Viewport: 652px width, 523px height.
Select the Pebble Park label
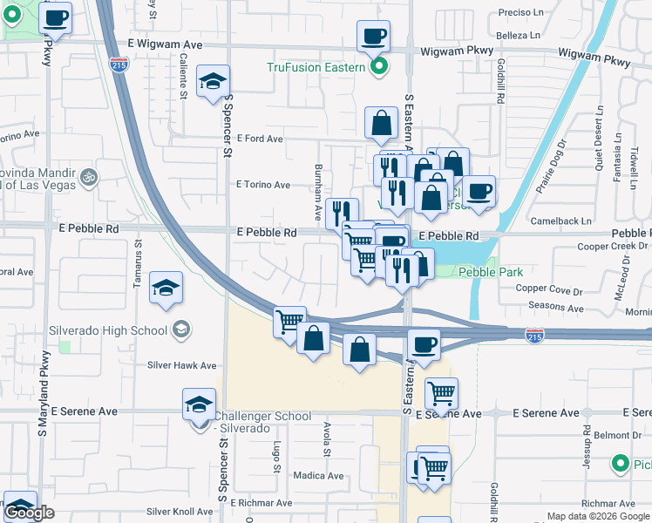(x=490, y=272)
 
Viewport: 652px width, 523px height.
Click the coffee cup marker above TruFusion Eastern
(x=373, y=37)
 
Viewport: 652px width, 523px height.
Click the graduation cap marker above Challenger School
(x=199, y=405)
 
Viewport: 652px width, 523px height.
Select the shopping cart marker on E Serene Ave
(x=442, y=394)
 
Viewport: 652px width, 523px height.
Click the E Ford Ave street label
(x=260, y=139)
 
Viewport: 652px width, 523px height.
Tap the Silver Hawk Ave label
(x=181, y=365)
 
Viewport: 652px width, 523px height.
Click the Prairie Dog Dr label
(x=550, y=171)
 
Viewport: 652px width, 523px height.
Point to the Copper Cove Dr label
(x=548, y=289)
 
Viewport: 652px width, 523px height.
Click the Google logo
(x=29, y=513)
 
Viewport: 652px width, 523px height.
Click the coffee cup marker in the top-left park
(x=56, y=17)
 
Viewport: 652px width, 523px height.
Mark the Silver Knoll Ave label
(x=181, y=512)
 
